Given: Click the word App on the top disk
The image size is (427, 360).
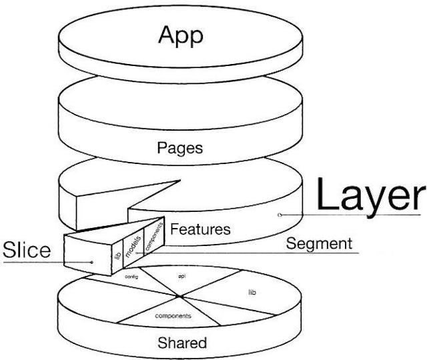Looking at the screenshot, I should coord(179,35).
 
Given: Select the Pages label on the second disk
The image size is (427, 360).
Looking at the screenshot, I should coord(179,147).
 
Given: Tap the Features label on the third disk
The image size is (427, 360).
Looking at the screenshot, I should coord(200,229).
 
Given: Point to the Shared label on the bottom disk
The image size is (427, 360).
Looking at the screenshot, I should coord(181,343).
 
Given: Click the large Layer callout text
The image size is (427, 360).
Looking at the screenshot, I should coord(370,196).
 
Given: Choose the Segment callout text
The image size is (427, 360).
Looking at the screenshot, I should coord(318,243).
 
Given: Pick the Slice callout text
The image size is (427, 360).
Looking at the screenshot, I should coord(27,250).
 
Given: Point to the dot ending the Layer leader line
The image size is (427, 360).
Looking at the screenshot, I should coord(280,215).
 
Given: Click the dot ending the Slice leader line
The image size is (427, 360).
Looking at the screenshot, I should coord(92,262).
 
